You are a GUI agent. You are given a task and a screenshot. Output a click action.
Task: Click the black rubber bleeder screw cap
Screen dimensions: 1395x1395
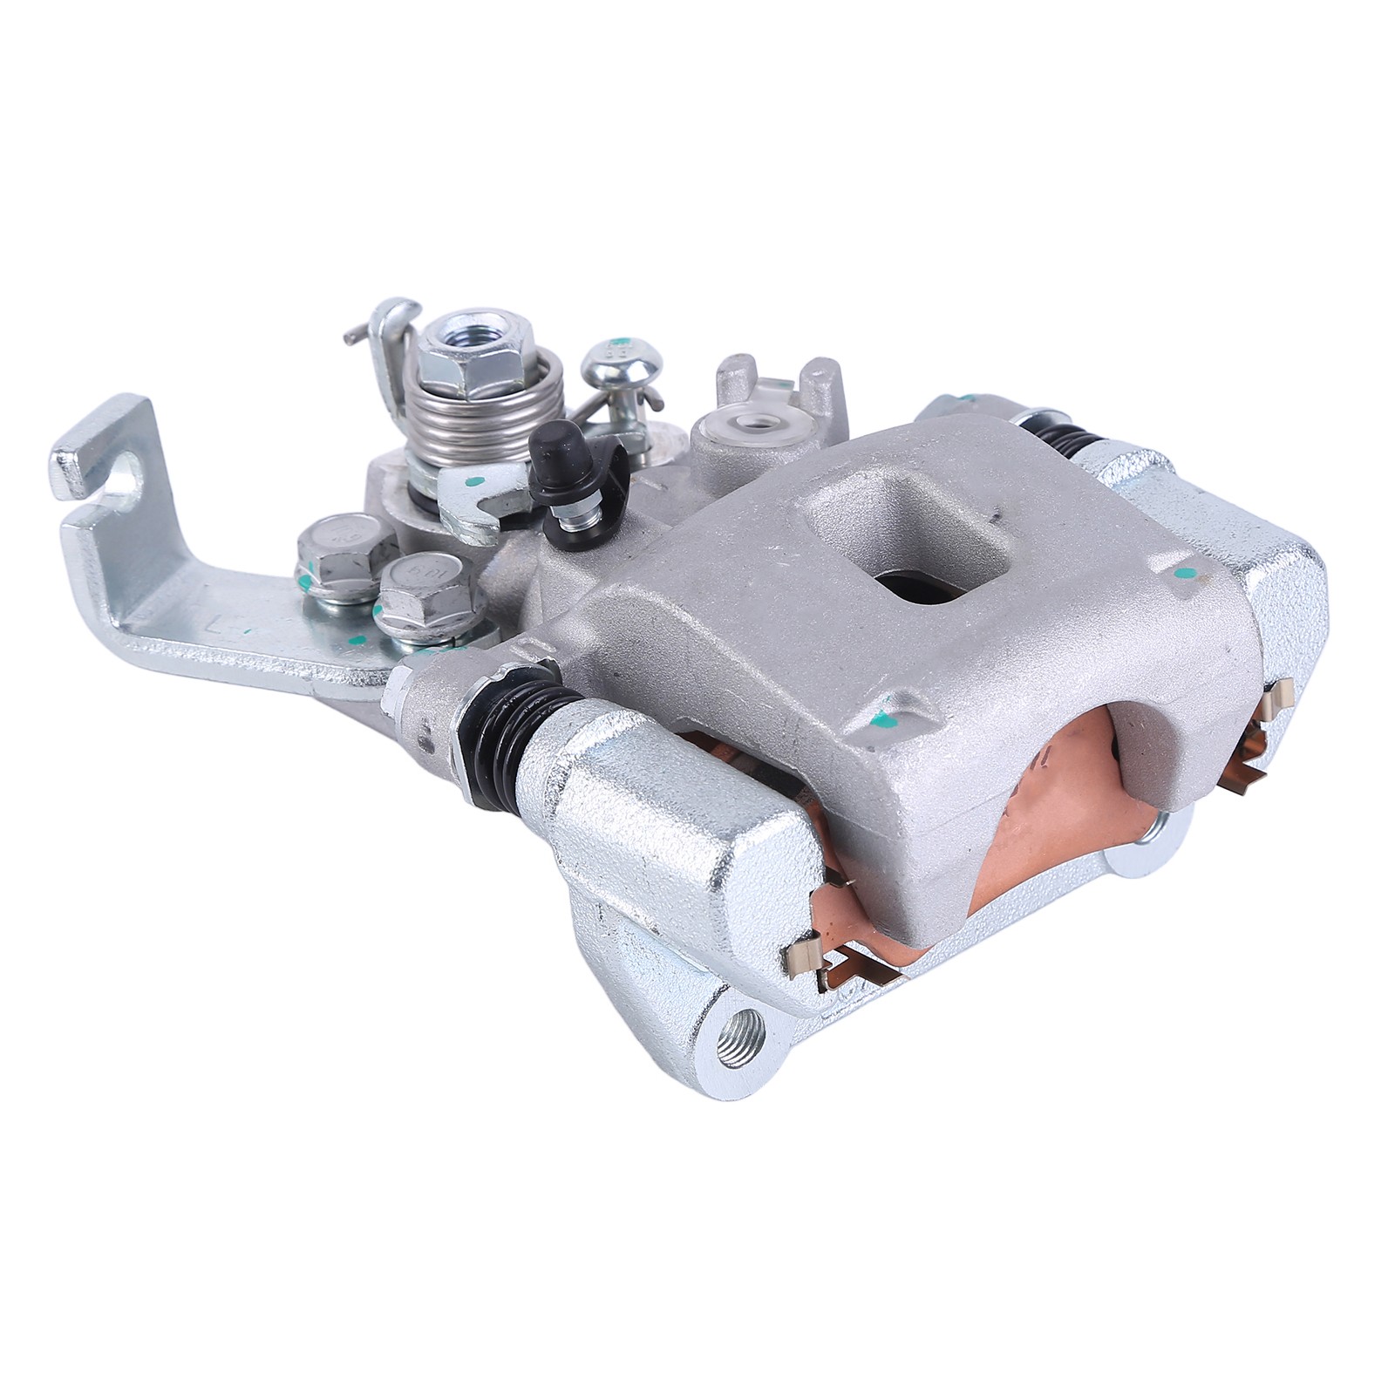pos(555,444)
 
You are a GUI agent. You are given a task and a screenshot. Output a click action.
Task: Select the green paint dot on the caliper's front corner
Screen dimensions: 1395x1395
pos(887,720)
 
